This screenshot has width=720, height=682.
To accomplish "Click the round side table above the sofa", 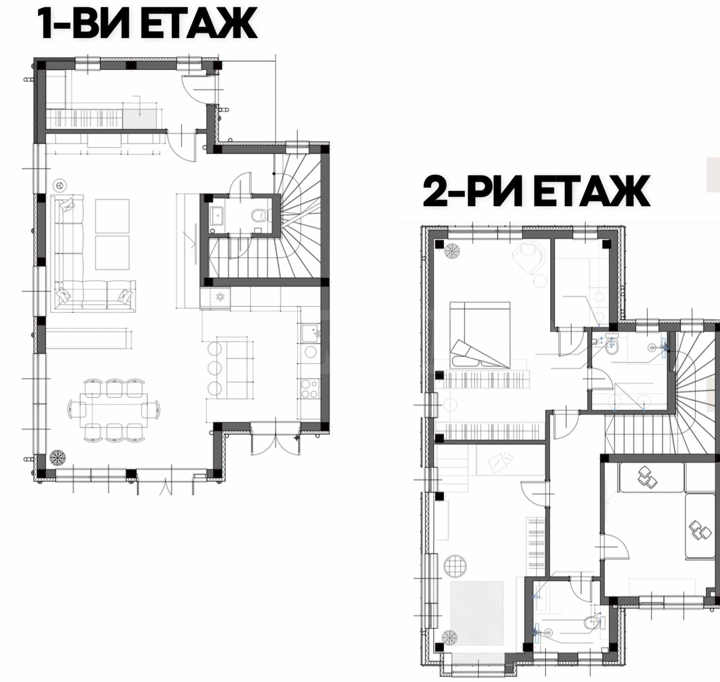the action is [60, 185].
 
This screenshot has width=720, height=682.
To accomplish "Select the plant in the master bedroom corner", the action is [452, 250].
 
